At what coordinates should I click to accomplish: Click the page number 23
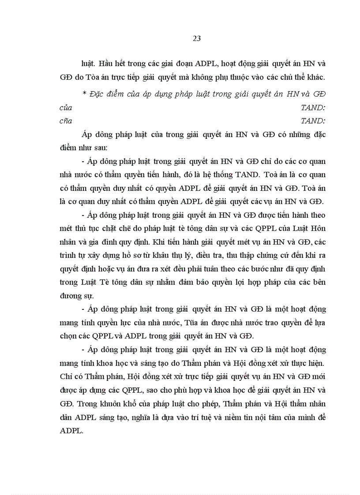pos(197,38)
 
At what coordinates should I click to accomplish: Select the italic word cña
pos(66,120)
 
